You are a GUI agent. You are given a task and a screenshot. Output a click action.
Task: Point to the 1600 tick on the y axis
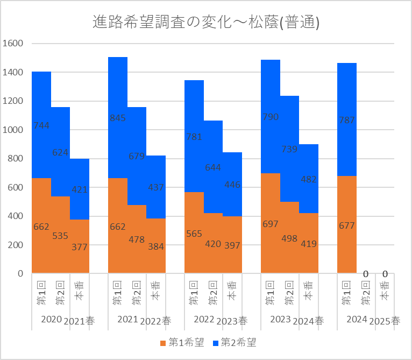pyautogui.click(x=12, y=43)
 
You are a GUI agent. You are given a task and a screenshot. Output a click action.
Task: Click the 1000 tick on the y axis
pyautogui.click(x=12, y=130)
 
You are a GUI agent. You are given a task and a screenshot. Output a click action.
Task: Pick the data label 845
pyautogui.click(x=118, y=118)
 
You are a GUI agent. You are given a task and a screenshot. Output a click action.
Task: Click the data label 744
pyautogui.click(x=41, y=125)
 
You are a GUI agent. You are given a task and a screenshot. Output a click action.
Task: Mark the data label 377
pyautogui.click(x=80, y=248)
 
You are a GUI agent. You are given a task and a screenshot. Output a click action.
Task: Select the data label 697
pyautogui.click(x=271, y=223)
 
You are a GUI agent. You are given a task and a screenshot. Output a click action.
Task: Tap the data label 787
pyautogui.click(x=347, y=120)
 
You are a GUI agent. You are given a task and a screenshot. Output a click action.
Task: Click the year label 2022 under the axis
pyautogui.click(x=204, y=320)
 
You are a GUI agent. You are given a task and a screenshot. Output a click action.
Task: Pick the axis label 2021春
pyautogui.click(x=80, y=321)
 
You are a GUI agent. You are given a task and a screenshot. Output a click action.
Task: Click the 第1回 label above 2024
pyautogui.click(x=347, y=294)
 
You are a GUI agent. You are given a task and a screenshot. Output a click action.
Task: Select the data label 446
pyautogui.click(x=232, y=185)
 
